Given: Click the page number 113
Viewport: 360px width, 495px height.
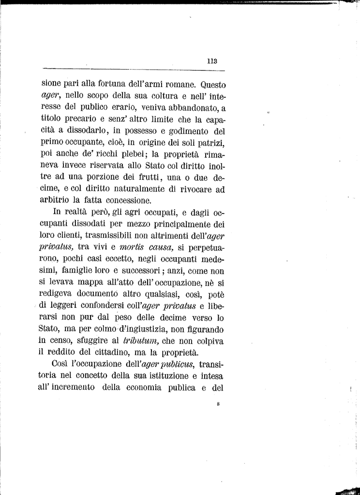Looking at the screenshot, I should point(211,61).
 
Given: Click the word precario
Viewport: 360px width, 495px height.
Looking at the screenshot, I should point(81,119).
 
